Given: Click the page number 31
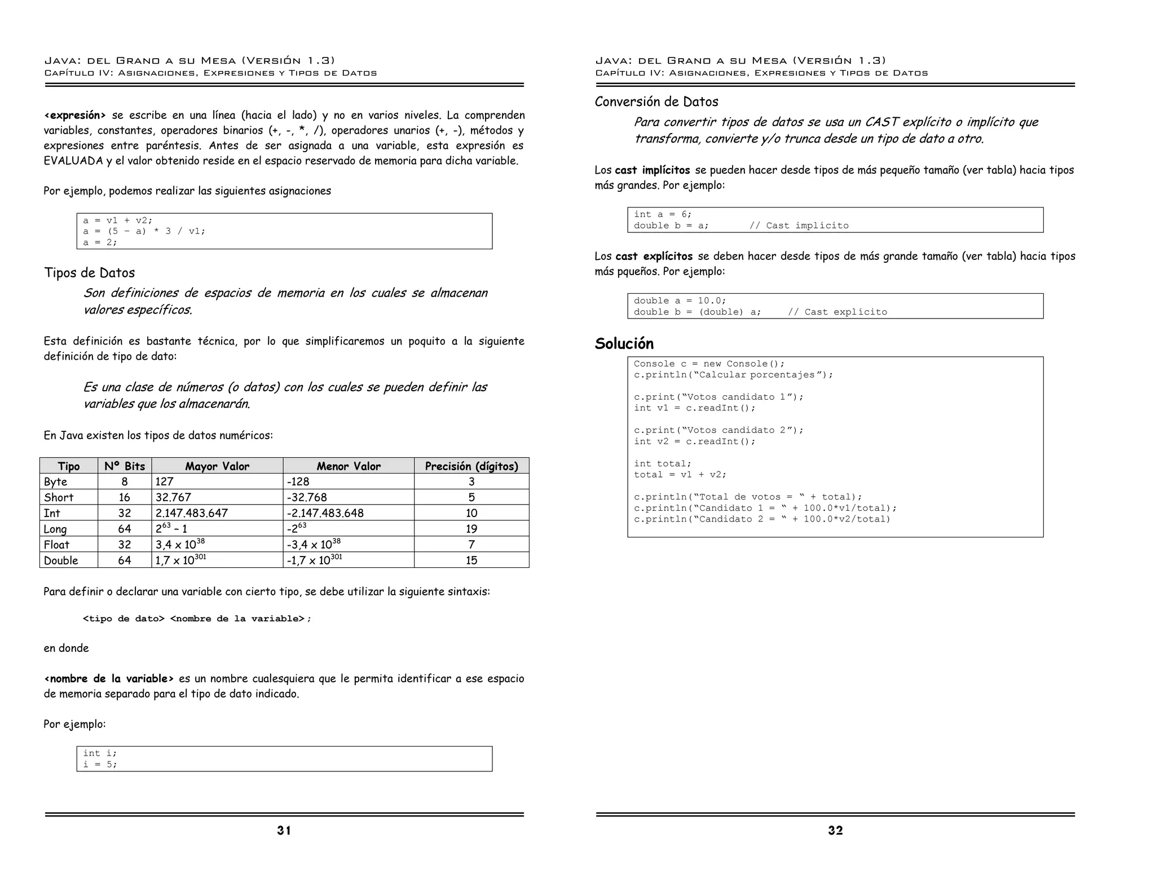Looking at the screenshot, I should point(284,830).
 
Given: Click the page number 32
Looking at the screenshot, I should point(835,830).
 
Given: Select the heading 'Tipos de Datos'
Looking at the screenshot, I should point(90,273).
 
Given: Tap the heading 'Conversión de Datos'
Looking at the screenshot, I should point(656,101).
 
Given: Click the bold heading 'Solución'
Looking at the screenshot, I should point(624,343).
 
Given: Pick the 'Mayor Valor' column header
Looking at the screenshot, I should point(217,466).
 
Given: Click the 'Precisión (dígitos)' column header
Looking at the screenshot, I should point(471,466).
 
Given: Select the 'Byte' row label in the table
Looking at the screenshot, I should point(56,482).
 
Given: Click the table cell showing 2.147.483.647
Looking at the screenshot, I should point(192,513).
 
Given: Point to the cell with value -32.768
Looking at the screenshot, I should point(307,497).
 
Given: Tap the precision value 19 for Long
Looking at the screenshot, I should point(471,529).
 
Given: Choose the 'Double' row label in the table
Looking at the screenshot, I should point(61,560).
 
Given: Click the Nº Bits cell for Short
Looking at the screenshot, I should point(125,497).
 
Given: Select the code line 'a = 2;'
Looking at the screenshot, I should point(100,242).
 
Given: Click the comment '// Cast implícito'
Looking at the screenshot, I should point(799,226).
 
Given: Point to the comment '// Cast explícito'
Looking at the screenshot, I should point(837,312).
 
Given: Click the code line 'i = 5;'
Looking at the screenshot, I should point(100,765).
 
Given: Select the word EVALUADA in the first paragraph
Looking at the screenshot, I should point(73,161).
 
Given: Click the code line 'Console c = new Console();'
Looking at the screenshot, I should point(709,364).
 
